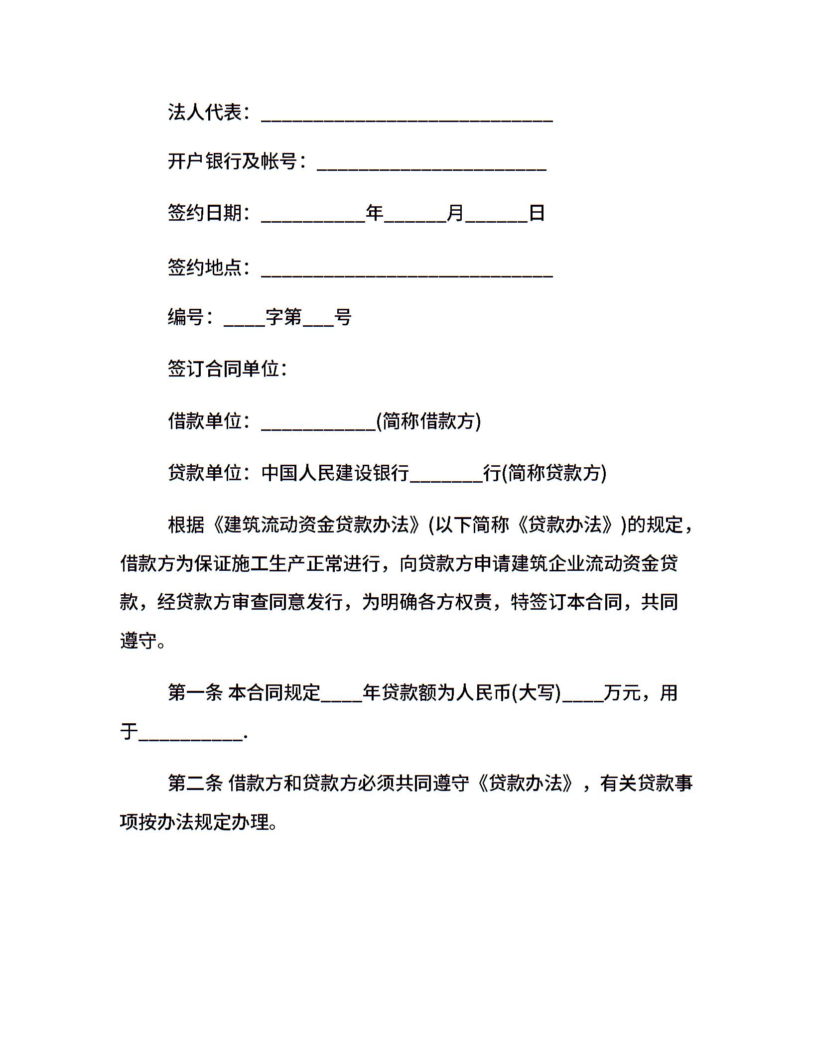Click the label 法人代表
[205, 113]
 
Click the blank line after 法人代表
[406, 118]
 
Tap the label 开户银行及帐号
[233, 161]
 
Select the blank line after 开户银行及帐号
[431, 166]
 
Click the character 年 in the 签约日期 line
[375, 213]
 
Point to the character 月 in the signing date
[455, 213]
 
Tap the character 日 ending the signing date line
[537, 213]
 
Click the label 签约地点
[205, 267]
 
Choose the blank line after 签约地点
[406, 272]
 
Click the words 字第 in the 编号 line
[284, 317]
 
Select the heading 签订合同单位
[223, 369]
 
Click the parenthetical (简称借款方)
[428, 421]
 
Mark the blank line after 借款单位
[318, 426]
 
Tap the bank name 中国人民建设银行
[335, 473]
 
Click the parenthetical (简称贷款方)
[554, 473]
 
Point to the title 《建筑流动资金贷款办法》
[316, 525]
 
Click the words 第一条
[195, 692]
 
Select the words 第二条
[195, 783]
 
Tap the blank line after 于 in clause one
[191, 736]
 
